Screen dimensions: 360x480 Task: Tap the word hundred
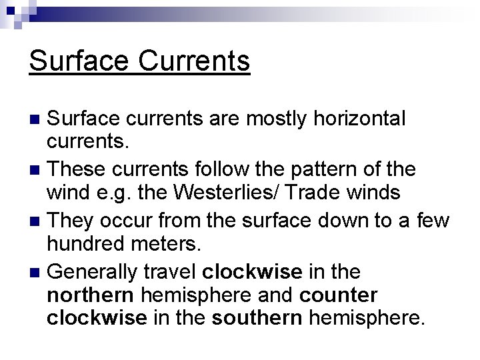[x=86, y=243]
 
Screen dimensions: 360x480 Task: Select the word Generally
[x=94, y=271]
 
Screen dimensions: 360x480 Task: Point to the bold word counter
[x=339, y=295]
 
